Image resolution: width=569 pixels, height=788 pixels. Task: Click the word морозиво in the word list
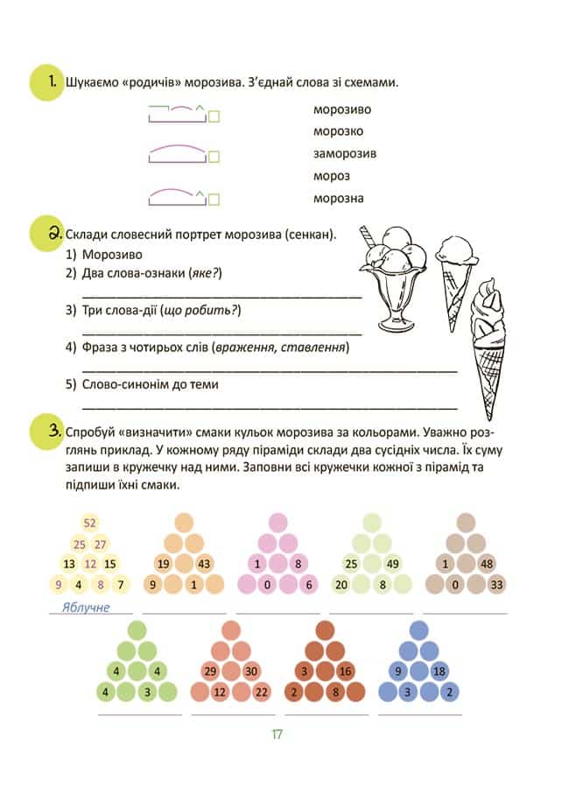click(x=342, y=109)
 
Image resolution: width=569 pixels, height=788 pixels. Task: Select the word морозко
click(x=338, y=131)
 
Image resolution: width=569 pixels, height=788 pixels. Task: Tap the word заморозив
click(x=345, y=154)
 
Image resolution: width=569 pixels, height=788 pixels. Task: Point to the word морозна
click(x=338, y=198)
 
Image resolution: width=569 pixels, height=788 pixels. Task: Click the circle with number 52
click(x=89, y=524)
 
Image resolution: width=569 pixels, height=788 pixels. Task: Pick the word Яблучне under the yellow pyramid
click(x=86, y=607)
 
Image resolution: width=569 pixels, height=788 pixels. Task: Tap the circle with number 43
click(x=205, y=564)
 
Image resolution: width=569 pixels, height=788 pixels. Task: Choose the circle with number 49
click(x=392, y=564)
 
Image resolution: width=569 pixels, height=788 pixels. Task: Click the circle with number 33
click(x=497, y=584)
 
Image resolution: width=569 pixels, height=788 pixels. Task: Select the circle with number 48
click(x=487, y=564)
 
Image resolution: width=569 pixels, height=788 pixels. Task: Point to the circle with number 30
click(x=251, y=672)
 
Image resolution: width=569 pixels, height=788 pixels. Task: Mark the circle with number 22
click(x=262, y=692)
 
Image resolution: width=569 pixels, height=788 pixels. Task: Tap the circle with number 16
click(x=346, y=672)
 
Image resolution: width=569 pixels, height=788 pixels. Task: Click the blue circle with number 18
click(x=439, y=672)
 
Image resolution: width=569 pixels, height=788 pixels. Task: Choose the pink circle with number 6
click(x=309, y=584)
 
